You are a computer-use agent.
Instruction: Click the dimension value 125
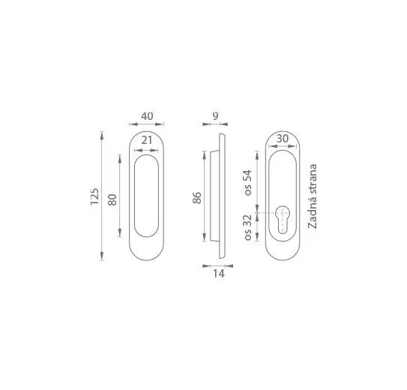(94, 196)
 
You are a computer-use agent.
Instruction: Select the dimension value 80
(112, 199)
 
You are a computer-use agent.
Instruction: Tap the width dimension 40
(147, 116)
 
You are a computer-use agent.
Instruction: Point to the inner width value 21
(147, 140)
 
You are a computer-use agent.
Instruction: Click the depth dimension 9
(215, 116)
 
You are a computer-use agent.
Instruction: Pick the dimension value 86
(197, 197)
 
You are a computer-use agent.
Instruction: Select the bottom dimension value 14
(219, 274)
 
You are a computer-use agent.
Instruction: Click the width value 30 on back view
(283, 139)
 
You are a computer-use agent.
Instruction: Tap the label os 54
(248, 182)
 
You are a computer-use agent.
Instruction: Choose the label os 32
(248, 227)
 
